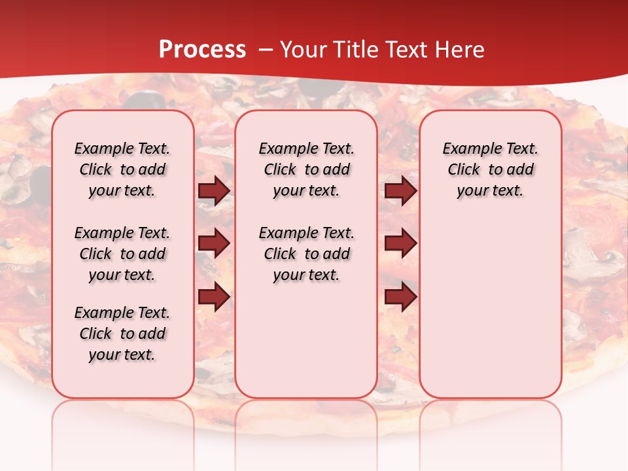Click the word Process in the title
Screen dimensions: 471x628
(x=202, y=50)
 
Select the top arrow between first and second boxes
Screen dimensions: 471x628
(x=214, y=191)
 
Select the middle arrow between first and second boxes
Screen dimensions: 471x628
(x=214, y=243)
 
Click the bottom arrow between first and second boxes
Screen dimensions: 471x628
(x=214, y=297)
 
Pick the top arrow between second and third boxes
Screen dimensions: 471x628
(x=400, y=191)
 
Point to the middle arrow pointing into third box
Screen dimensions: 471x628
(x=400, y=243)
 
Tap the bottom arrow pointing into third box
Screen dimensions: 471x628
(x=400, y=297)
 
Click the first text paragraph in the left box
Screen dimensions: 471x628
(x=122, y=169)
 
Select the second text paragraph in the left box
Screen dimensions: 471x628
(x=122, y=254)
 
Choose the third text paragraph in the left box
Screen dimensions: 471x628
(x=122, y=334)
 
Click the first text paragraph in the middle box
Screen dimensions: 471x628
(x=306, y=169)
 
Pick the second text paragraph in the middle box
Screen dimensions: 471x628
(x=306, y=254)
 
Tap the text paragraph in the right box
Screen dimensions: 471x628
(x=491, y=169)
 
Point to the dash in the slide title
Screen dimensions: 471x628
(x=266, y=50)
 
